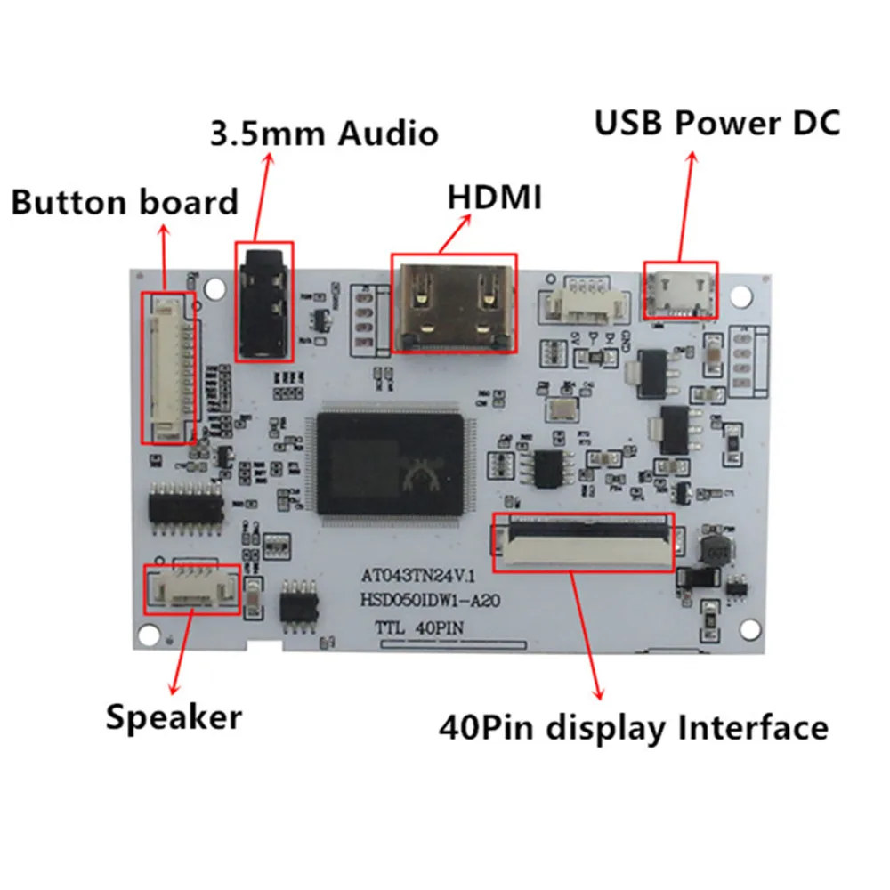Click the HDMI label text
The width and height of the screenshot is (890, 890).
494,197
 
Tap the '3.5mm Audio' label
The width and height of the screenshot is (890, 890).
324,133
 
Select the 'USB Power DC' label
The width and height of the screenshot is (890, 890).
716,122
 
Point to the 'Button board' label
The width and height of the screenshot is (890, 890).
125,202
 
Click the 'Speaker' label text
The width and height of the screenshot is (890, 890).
174,716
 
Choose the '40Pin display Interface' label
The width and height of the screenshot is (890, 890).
634,728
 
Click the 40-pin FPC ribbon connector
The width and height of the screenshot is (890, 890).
583,540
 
